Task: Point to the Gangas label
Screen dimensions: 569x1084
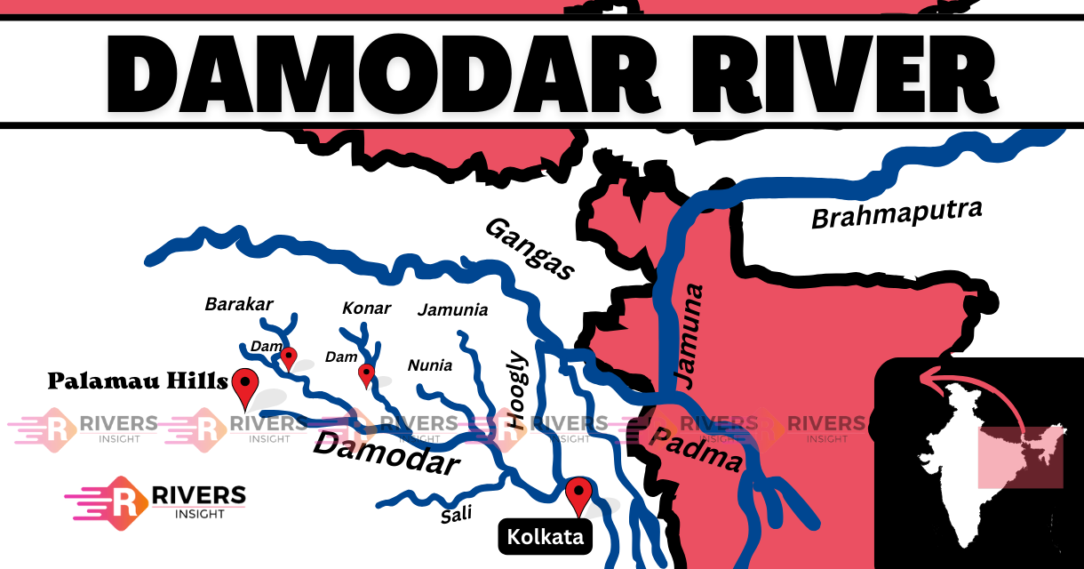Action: coord(530,248)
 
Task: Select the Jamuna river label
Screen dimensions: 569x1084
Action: coord(688,335)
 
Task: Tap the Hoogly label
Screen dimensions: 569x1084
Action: coord(517,391)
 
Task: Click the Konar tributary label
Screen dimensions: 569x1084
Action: coord(366,308)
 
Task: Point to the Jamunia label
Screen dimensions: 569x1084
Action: coord(452,310)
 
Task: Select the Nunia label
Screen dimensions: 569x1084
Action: coord(429,365)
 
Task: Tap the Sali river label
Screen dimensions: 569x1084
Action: coord(457,514)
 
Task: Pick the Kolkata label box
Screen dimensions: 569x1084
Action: coord(545,537)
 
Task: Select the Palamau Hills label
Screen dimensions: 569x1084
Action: coord(138,381)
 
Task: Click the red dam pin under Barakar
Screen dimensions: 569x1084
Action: coord(288,357)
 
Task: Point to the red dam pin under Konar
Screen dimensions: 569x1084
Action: coord(366,373)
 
